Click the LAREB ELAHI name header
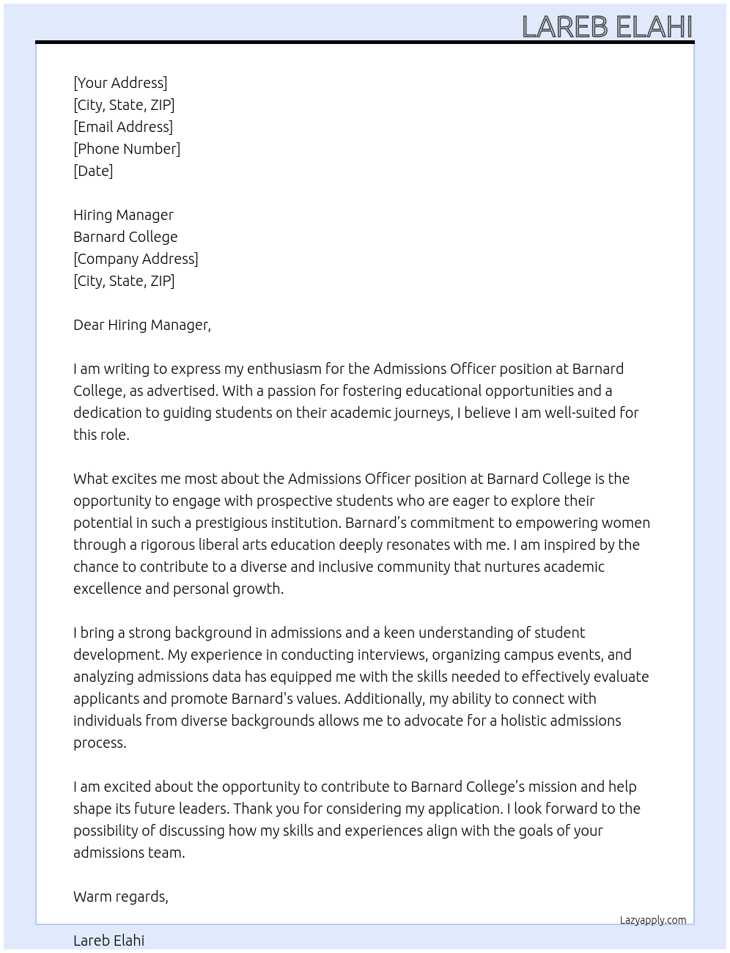[607, 26]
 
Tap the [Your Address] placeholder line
[120, 83]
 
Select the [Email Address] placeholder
[123, 127]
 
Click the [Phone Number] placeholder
[127, 149]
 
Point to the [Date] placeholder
[93, 171]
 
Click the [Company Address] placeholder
[136, 259]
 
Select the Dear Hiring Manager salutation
[141, 325]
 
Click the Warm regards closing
[121, 897]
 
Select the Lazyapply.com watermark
[653, 920]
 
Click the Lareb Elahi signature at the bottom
[108, 941]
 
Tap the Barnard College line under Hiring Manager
[125, 237]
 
